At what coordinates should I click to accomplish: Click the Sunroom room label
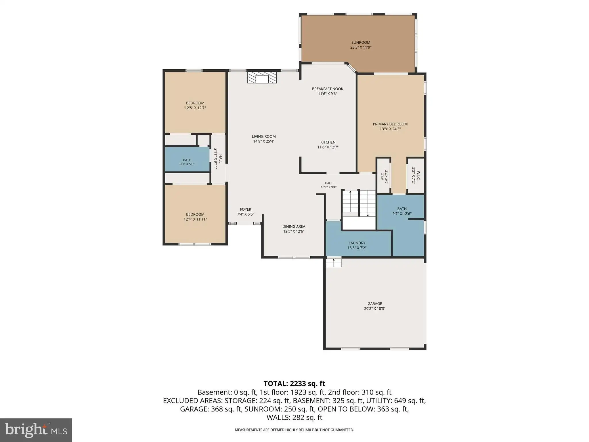pyautogui.click(x=361, y=43)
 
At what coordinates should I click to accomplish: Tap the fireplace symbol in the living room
pyautogui.click(x=262, y=77)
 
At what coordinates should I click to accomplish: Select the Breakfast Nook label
pyautogui.click(x=328, y=89)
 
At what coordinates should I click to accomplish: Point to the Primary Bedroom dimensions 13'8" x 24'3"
pyautogui.click(x=390, y=129)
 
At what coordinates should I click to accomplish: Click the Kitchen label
pyautogui.click(x=328, y=142)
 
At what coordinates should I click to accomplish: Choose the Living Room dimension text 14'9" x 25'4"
pyautogui.click(x=264, y=141)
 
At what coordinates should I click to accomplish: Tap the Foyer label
pyautogui.click(x=246, y=209)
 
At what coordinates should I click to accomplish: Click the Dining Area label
pyautogui.click(x=294, y=226)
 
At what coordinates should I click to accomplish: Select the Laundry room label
pyautogui.click(x=357, y=243)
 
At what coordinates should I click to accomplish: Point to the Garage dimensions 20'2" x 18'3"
pyautogui.click(x=375, y=308)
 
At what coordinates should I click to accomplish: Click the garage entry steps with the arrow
pyautogui.click(x=334, y=262)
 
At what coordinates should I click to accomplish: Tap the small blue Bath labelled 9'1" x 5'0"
pyautogui.click(x=187, y=159)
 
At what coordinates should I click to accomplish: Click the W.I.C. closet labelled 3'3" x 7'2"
pyautogui.click(x=416, y=176)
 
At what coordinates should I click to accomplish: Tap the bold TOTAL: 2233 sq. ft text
pyautogui.click(x=294, y=384)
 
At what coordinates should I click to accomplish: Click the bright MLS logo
pyautogui.click(x=36, y=430)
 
